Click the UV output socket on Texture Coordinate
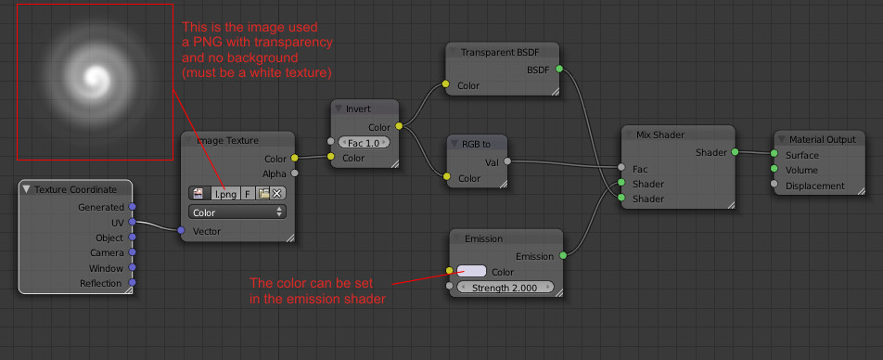[133, 222]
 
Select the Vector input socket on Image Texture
[181, 230]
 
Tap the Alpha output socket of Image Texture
[294, 174]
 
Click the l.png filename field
[225, 193]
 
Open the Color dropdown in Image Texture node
[237, 212]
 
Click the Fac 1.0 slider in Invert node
[364, 143]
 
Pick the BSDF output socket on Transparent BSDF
[559, 69]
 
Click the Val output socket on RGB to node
[507, 161]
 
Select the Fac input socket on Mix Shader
[621, 167]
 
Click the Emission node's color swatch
[471, 271]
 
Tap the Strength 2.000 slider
[505, 288]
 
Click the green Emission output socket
[563, 256]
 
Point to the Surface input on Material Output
[774, 154]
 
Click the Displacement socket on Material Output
[774, 185]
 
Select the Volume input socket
[774, 169]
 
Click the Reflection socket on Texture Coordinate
[133, 282]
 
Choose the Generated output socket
[133, 207]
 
